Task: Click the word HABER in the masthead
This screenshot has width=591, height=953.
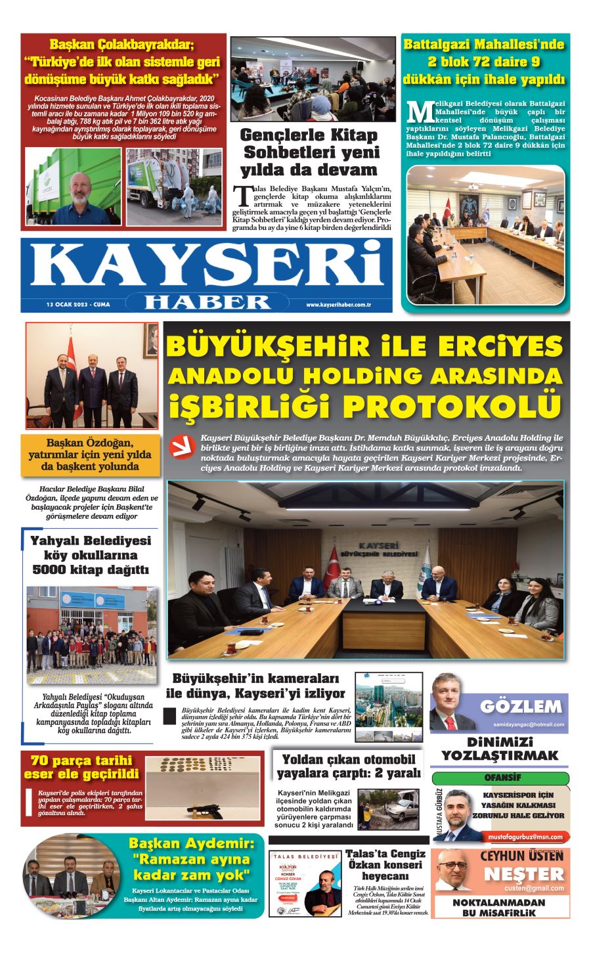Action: [x=207, y=301]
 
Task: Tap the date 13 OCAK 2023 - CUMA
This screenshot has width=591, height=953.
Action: [x=78, y=305]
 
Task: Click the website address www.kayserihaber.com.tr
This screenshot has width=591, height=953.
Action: [x=339, y=305]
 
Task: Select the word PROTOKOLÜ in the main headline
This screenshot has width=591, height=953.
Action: [x=453, y=405]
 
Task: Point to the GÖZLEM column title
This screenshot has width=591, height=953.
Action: [x=521, y=707]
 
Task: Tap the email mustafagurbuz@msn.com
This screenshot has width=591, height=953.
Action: [x=525, y=837]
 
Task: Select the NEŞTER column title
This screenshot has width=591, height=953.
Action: [x=524, y=874]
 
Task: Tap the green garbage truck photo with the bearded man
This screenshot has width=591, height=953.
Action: [x=73, y=187]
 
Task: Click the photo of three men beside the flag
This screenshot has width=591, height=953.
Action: [x=91, y=376]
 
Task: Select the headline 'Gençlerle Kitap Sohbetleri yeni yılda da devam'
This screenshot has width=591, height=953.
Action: [x=310, y=152]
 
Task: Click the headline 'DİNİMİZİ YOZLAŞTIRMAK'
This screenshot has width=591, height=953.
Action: [x=500, y=748]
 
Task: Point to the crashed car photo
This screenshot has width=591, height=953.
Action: [x=387, y=810]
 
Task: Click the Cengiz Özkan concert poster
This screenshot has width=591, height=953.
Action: [x=305, y=883]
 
